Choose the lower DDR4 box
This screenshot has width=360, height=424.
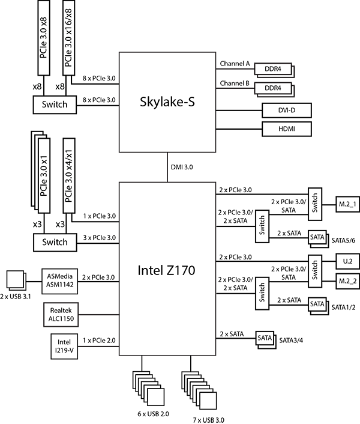(272, 89)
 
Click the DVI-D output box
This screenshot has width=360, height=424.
(278, 111)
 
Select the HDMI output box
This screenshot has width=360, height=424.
(278, 129)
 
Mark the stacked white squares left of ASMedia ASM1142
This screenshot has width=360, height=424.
(15, 279)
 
